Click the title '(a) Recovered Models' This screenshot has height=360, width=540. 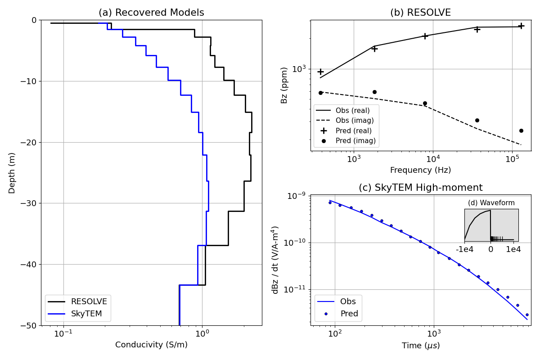coord(151,13)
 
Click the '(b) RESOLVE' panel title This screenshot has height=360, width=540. coord(420,13)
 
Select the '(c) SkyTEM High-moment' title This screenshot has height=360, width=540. coord(420,188)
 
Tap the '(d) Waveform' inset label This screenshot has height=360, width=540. coord(491,203)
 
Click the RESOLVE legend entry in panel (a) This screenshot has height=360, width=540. coord(89,301)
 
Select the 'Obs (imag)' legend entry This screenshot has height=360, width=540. coord(355,121)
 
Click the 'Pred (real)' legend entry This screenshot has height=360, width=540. coord(354,130)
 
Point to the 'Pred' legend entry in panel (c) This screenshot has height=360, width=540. coord(349,314)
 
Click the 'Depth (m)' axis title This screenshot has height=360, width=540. coord(12,173)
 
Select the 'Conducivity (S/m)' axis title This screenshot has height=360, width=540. coord(151,345)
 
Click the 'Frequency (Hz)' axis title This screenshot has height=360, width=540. coord(420,170)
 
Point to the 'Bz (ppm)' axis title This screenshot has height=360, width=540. coord(284,85)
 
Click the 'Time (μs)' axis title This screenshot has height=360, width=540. coord(420,346)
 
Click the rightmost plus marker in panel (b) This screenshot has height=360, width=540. coord(521,26)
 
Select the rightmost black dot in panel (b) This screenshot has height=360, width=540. coord(521,130)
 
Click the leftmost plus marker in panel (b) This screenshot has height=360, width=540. coord(320,72)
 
